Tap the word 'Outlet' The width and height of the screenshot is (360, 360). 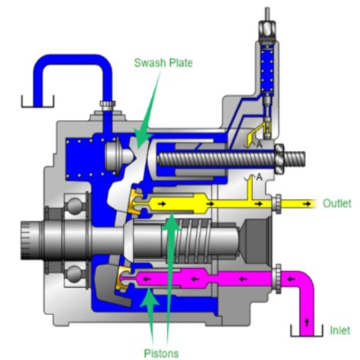tap(336, 204)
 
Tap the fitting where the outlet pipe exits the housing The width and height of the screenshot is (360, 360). tap(278, 204)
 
